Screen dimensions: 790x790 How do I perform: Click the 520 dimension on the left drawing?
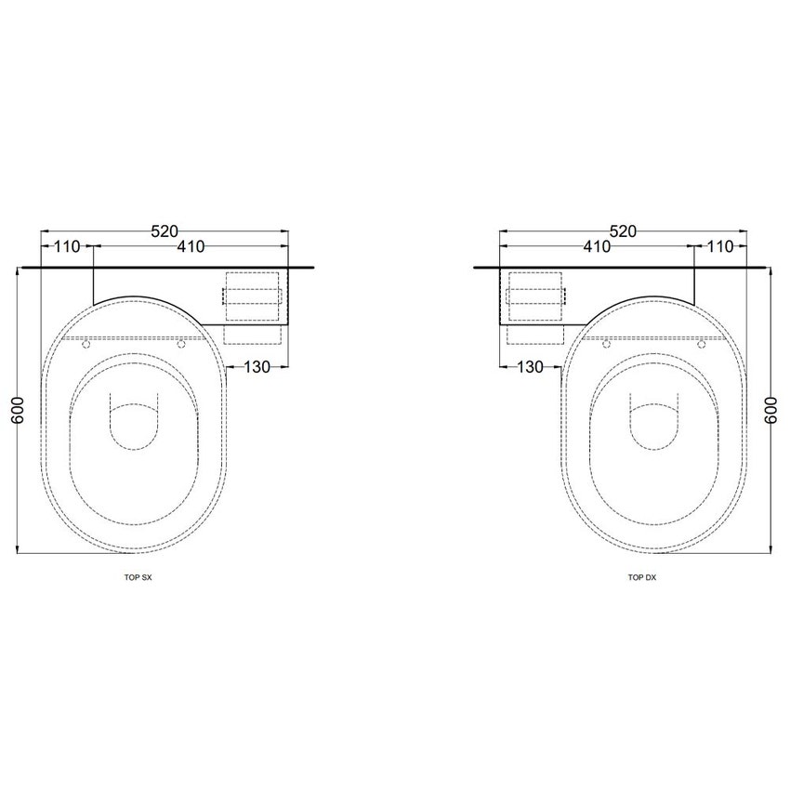coord(165,231)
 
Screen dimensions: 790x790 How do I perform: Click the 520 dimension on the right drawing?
coord(624,231)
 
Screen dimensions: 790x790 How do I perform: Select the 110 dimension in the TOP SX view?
coord(67,247)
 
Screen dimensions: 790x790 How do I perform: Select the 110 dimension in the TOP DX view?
coord(720,247)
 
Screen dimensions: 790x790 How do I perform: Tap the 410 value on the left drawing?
coord(191,247)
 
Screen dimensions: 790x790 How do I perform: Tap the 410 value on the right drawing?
coord(597,247)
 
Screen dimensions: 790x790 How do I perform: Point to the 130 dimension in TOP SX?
coord(257,367)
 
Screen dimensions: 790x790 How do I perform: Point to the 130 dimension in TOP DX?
coord(531,367)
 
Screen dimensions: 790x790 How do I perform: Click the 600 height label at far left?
coord(18,410)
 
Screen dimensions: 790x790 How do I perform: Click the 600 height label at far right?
coord(771,410)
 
